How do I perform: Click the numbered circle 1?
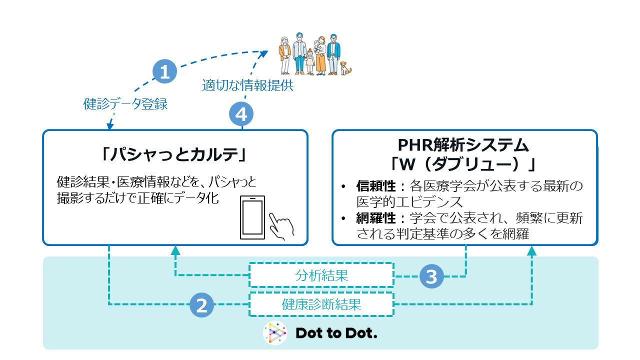click(164, 71)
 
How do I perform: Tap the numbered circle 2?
click(201, 305)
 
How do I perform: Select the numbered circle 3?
click(431, 276)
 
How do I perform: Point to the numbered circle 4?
click(241, 114)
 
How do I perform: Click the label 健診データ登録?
click(125, 103)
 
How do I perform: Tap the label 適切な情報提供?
click(247, 85)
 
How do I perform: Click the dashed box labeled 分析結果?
click(321, 275)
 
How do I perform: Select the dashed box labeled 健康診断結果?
click(321, 304)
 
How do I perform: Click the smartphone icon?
click(252, 217)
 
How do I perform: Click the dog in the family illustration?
click(345, 68)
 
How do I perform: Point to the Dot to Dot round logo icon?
click(275, 333)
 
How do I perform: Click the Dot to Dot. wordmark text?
click(336, 333)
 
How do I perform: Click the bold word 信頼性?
click(376, 186)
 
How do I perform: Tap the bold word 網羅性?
click(376, 218)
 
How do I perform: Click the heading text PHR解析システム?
click(463, 145)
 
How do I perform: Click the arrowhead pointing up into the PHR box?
click(531, 251)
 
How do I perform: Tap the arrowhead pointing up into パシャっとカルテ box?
click(175, 250)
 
